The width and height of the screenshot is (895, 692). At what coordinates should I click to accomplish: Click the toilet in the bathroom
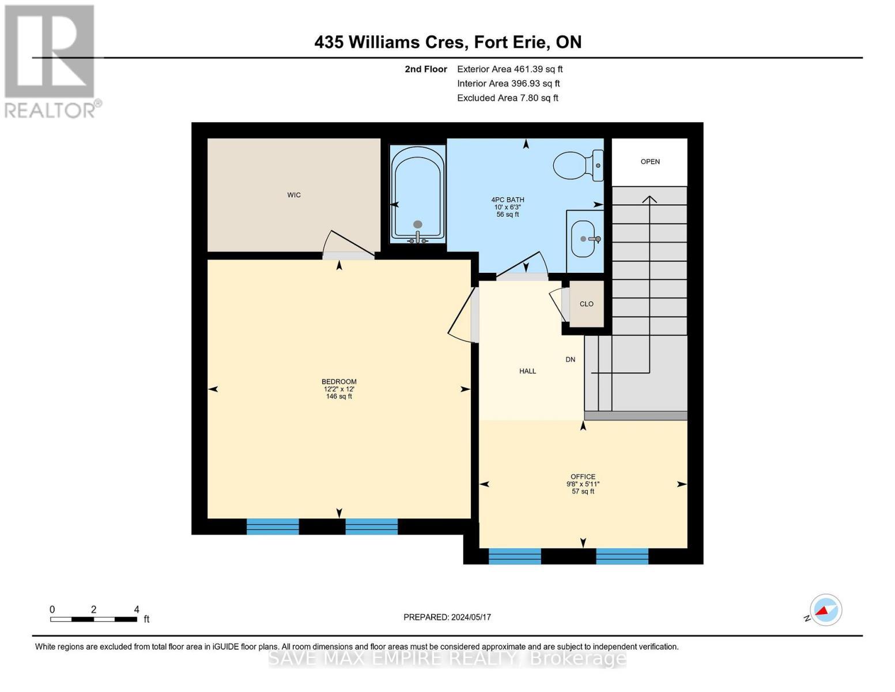(578, 166)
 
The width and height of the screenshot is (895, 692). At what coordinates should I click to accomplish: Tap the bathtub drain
(418, 225)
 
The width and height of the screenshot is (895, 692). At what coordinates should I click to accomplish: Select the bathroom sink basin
(583, 239)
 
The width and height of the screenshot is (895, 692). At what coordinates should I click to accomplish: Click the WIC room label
(294, 195)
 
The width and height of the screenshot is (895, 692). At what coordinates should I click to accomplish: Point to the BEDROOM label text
(339, 382)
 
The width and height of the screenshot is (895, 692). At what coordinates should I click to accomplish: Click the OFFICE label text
(583, 476)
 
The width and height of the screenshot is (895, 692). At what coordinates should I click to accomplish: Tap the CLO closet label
(587, 304)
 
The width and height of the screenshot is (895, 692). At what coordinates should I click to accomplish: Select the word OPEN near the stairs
(650, 161)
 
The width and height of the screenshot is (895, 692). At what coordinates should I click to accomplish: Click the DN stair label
(571, 359)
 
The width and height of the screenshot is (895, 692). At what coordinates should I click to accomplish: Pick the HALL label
(528, 371)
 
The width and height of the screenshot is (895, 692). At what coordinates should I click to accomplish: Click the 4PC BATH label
(507, 200)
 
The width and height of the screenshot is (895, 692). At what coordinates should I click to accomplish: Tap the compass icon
(825, 610)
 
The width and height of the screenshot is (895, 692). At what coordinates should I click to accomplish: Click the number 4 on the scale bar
(137, 609)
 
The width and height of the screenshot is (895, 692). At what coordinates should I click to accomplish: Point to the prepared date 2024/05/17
(471, 617)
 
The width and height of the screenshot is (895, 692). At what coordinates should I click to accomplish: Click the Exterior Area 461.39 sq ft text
(509, 69)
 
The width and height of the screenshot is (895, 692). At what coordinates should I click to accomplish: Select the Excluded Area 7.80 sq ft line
(507, 98)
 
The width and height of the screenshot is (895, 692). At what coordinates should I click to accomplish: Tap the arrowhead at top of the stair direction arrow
(649, 198)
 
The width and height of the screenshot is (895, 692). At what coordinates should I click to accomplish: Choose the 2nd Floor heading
(425, 69)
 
